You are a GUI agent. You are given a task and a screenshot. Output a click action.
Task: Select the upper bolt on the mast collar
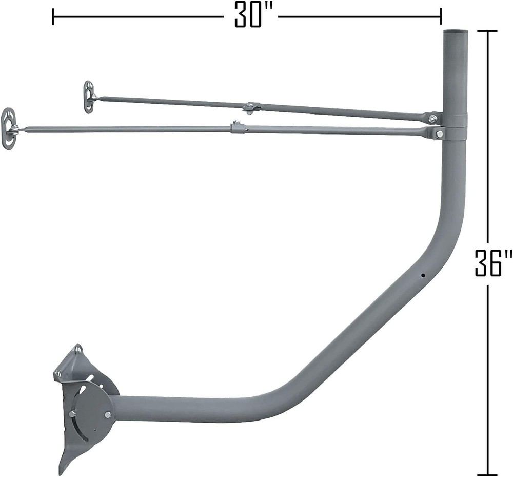coord(433,119)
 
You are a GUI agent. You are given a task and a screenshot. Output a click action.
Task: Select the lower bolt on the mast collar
coord(439,134)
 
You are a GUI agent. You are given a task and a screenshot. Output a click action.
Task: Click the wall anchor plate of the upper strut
coord(89,96)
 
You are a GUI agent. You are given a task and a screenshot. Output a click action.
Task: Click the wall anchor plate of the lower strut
coord(10,128)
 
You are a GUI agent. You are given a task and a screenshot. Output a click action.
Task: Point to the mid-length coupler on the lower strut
coord(236,127)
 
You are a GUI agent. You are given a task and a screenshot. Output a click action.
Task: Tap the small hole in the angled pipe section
coord(423,275)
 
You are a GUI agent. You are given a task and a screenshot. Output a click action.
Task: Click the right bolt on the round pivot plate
coord(108,414)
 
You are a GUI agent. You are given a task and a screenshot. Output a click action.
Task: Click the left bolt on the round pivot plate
coord(72,414)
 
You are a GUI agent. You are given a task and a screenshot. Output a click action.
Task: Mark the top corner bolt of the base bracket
coord(78,349)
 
